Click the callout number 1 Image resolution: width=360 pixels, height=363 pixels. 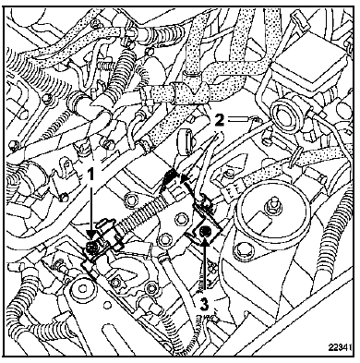tap(90, 175)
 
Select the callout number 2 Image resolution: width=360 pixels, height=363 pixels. tap(219, 119)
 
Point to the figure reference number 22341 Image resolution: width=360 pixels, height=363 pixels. tap(340, 347)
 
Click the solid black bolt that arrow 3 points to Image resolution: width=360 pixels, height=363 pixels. tap(204, 231)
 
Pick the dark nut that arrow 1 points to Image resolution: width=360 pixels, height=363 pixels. tap(90, 246)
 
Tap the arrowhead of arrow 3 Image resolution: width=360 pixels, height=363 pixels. tap(205, 241)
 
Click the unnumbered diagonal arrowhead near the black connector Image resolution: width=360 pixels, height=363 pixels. tap(184, 178)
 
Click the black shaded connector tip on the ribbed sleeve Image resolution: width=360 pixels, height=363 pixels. tap(168, 178)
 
